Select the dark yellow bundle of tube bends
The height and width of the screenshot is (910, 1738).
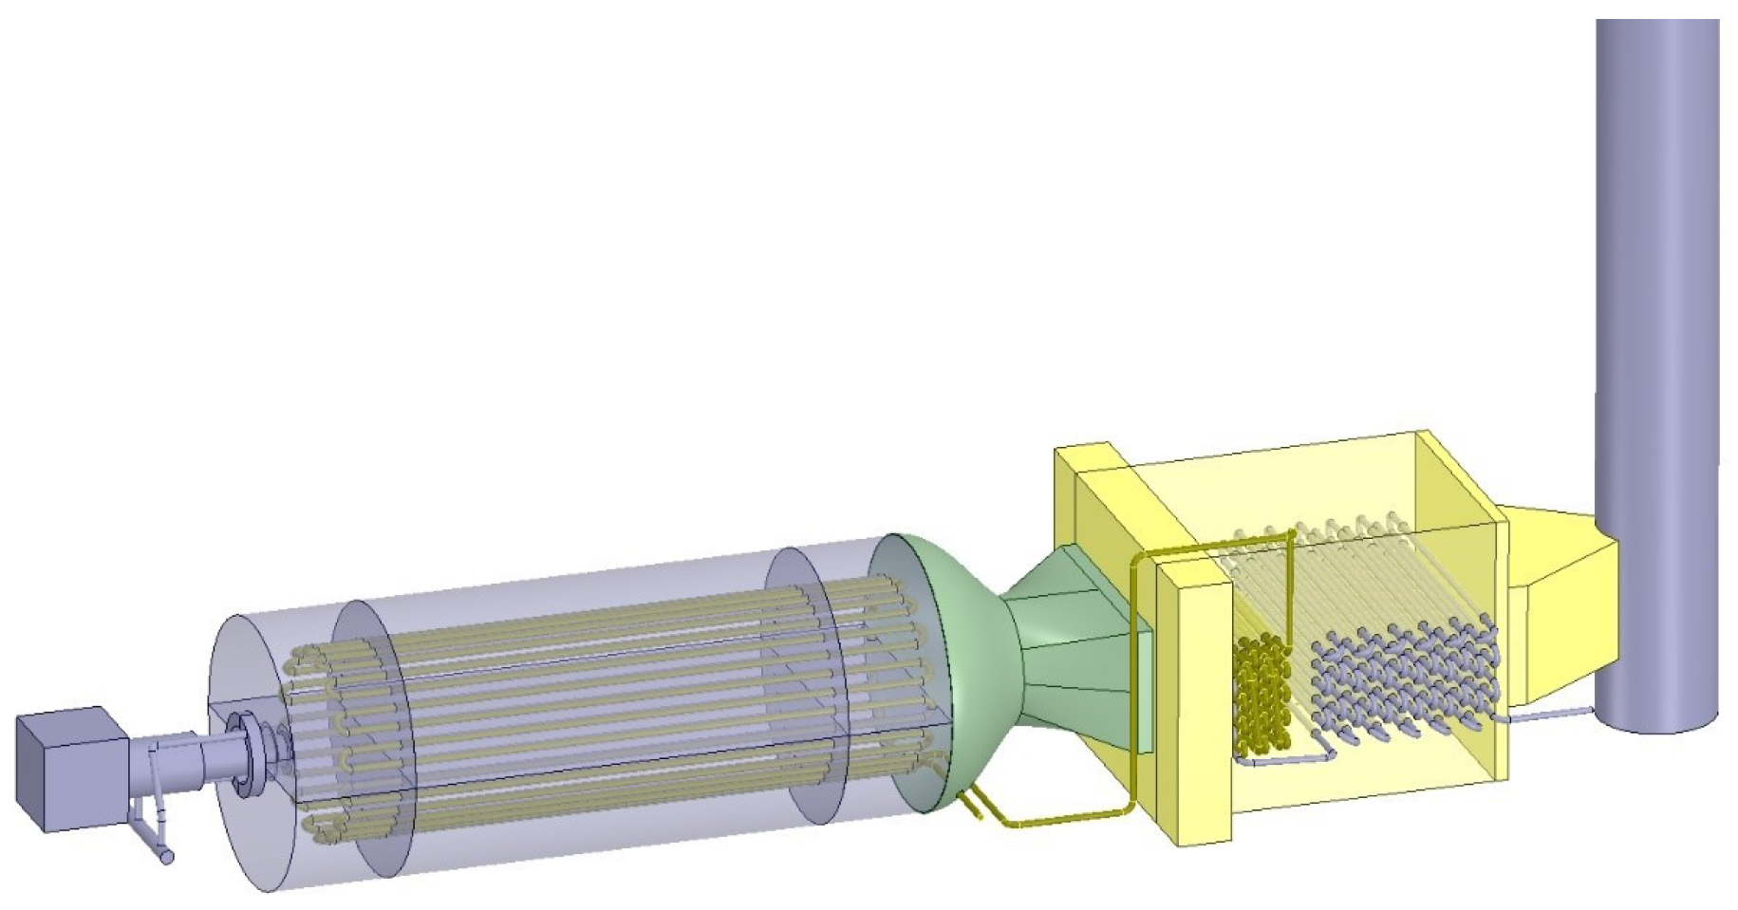coord(1262,693)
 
